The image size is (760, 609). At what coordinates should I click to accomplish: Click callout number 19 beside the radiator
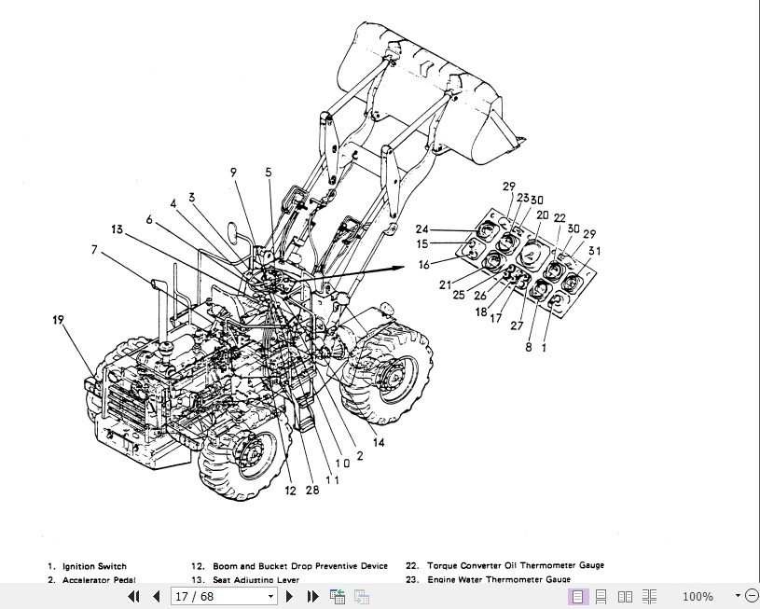pos(59,320)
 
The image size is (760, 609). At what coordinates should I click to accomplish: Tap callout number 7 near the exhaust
pos(93,249)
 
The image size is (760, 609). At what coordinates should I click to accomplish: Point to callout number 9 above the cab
pos(233,172)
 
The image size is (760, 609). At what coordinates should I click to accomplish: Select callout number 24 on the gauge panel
pos(421,229)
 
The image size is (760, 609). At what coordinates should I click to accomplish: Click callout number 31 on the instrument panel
pos(595,249)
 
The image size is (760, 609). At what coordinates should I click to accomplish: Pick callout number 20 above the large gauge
pos(542,215)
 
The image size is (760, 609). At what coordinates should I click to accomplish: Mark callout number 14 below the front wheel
pos(379,443)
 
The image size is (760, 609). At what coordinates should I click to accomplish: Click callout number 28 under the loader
pos(311,490)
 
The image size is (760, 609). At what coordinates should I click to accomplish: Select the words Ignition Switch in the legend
pos(94,566)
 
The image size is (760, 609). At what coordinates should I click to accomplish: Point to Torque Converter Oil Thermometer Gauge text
pos(516,565)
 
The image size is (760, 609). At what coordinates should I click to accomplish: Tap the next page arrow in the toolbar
pos(290,596)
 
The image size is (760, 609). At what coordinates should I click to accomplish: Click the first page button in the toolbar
pos(133,596)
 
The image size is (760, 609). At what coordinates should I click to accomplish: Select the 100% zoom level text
pos(698,596)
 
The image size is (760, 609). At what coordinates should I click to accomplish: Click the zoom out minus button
pos(751,596)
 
